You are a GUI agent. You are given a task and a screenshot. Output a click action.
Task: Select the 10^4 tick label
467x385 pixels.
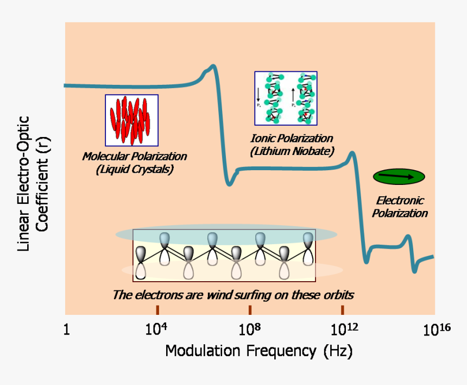click(156, 330)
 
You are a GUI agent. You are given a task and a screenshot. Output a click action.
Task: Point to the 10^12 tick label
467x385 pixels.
click(343, 330)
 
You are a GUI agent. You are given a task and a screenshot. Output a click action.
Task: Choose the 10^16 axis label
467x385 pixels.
click(437, 330)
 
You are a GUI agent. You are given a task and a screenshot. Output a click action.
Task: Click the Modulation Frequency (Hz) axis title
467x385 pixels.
click(258, 351)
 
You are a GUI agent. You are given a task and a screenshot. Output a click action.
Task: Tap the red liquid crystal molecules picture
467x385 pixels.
click(131, 120)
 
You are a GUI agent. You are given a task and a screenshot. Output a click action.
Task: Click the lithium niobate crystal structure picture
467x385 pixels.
click(286, 98)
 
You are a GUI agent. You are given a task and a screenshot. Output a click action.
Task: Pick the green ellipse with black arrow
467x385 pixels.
click(399, 176)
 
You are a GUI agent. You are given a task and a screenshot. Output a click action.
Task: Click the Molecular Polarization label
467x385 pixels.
click(135, 157)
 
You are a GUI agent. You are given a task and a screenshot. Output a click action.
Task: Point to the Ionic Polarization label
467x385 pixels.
click(292, 139)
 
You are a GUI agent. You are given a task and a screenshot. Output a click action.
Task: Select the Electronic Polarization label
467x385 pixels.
click(400, 207)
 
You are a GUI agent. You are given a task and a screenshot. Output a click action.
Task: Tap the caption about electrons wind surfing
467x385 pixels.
click(233, 295)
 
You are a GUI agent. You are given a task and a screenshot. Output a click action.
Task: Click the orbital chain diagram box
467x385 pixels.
click(224, 255)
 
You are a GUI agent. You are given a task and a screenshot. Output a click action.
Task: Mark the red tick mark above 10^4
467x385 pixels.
click(157, 310)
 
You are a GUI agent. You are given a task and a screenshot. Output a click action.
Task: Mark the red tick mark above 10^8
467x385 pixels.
click(250, 310)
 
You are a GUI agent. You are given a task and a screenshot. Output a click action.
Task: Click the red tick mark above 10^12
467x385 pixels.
click(343, 310)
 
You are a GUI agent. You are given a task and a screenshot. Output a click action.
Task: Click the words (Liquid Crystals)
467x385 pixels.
click(134, 169)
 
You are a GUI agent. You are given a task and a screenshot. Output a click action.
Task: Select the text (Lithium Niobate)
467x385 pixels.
click(292, 151)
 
